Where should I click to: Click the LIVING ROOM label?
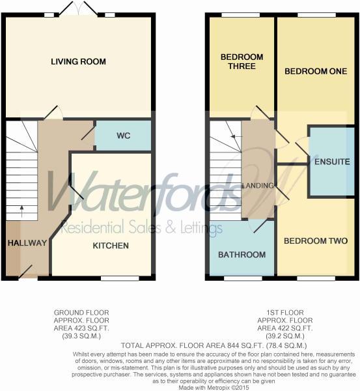point(78,62)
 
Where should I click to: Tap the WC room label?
point(124,136)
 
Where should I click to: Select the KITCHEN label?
point(110,246)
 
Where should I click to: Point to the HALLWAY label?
point(27,243)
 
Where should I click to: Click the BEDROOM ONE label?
point(316,71)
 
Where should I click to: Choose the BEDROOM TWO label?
point(316,241)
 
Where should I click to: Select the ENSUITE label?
point(332,161)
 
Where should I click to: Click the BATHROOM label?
point(242,254)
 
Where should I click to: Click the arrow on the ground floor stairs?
point(21,210)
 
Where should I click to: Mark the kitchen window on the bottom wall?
point(120,278)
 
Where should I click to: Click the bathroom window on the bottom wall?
point(242,278)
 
